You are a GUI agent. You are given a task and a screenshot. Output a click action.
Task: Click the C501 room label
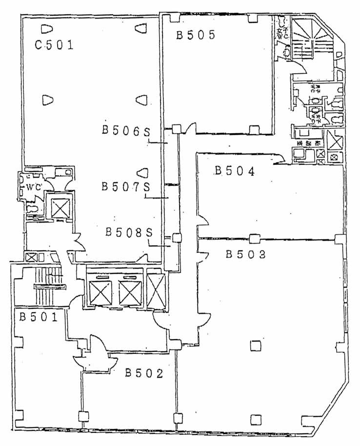54,46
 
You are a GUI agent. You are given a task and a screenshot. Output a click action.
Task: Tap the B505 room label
196,35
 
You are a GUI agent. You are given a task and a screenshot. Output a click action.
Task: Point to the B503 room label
245,254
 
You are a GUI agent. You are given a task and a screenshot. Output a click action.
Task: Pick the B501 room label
39,317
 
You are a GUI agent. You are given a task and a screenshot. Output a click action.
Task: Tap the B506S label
125,130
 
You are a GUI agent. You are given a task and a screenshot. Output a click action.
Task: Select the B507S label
124,186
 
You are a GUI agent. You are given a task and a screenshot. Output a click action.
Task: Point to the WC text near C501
33,187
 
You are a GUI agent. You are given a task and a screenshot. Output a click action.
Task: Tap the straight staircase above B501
48,288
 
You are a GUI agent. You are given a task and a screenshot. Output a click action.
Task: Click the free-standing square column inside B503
255,345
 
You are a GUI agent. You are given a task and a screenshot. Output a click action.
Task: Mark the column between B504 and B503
254,239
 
